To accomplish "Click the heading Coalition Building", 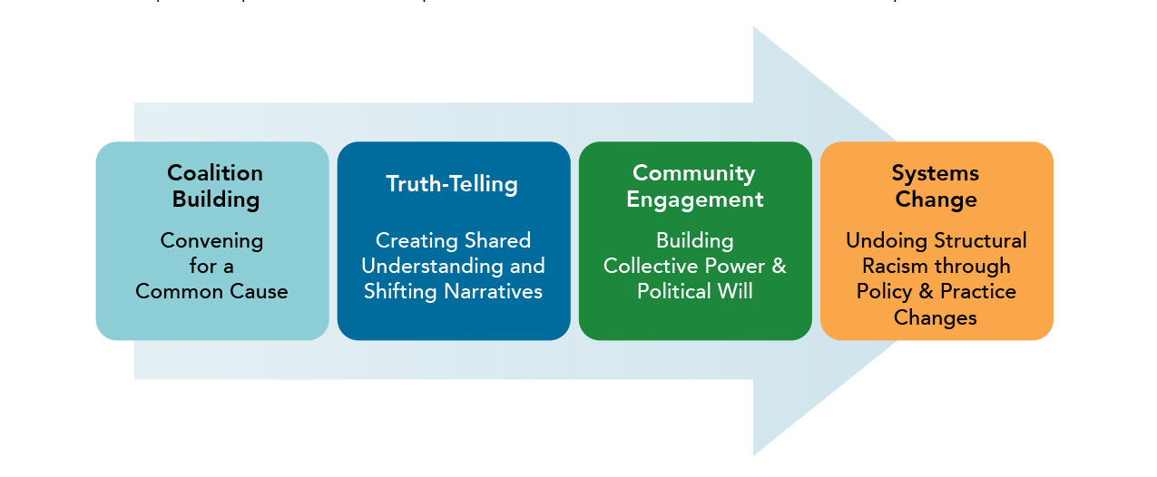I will (x=216, y=186).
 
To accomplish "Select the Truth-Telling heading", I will (x=452, y=184).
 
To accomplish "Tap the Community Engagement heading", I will (x=694, y=186).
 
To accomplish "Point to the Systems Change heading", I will (x=936, y=186).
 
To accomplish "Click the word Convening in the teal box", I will (x=211, y=241).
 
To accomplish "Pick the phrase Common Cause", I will (x=211, y=292).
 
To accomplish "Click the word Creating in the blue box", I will (x=410, y=241).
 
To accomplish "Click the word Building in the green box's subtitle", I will (x=694, y=241).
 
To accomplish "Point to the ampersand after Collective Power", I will (x=779, y=267).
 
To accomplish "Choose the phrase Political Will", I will (x=694, y=292).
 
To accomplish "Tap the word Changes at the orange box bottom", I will (x=935, y=317).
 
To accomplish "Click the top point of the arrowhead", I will (x=754, y=27).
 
